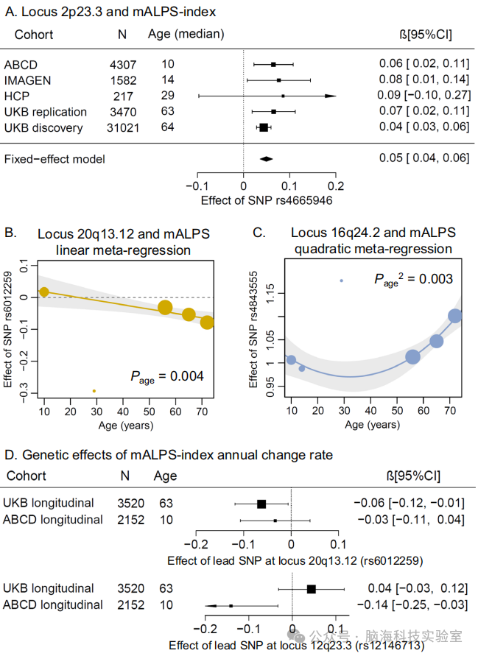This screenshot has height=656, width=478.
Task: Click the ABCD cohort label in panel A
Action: click(20, 64)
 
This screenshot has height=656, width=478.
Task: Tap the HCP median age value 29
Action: click(168, 96)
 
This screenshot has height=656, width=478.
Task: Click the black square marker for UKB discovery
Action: click(264, 127)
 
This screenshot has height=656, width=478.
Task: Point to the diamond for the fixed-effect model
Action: click(266, 158)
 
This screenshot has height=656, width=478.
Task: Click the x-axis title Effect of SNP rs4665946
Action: click(267, 200)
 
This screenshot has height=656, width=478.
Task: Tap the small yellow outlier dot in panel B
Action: click(94, 391)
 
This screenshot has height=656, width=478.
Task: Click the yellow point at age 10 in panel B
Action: click(43, 292)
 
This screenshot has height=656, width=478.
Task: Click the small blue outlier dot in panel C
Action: click(341, 281)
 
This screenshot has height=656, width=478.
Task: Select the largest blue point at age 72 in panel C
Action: click(455, 316)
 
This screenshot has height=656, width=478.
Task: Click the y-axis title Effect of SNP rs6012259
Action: click(9, 330)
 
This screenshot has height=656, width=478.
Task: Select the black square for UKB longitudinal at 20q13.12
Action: click(261, 504)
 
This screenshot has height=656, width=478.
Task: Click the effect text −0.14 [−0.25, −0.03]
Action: click(410, 605)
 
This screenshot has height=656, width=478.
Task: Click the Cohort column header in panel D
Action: click(26, 476)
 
